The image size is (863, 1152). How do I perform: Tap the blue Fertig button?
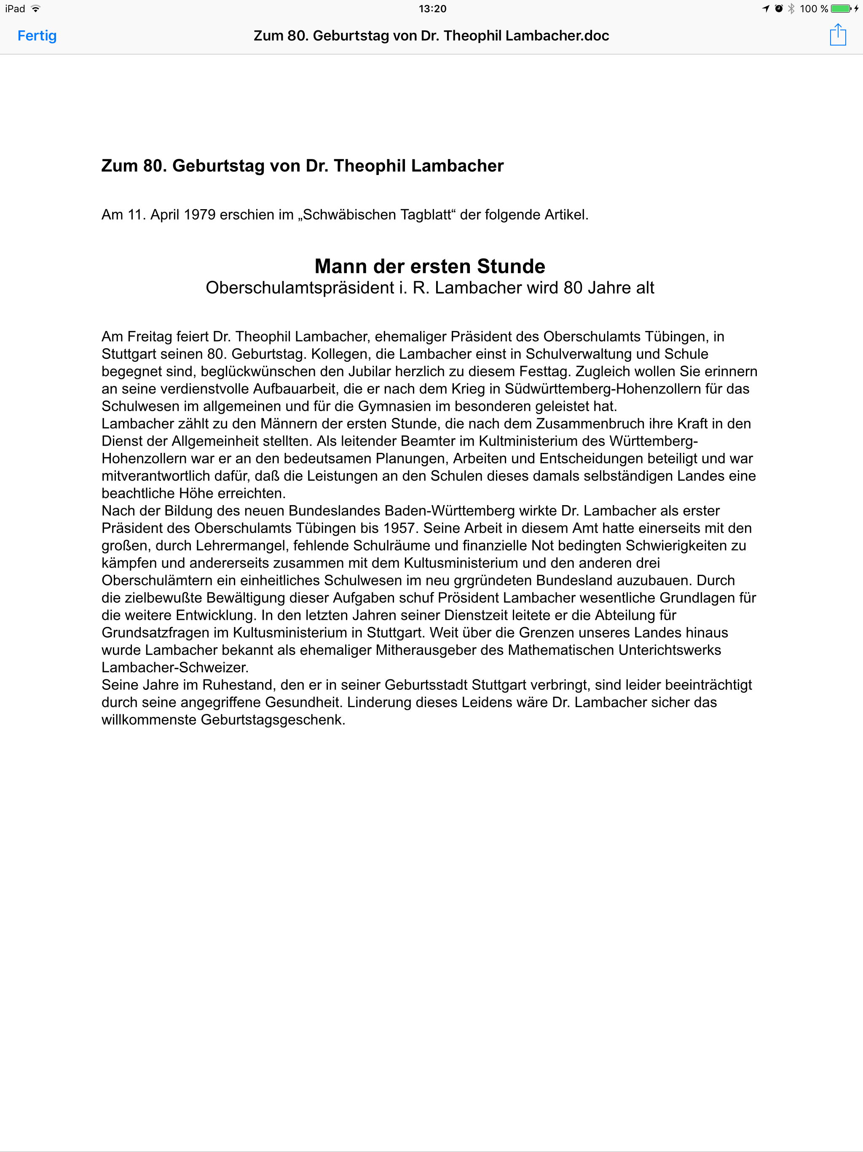point(37,35)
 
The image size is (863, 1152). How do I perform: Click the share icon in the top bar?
point(837,35)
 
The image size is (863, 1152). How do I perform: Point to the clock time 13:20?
point(432,9)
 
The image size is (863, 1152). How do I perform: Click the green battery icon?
point(841,9)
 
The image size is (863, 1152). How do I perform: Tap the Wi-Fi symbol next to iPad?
point(35,9)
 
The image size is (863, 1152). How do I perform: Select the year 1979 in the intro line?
point(199,215)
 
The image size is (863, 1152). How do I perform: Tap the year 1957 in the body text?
point(400,528)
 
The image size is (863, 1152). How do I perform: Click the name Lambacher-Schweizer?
point(175,668)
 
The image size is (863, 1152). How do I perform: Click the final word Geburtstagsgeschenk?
point(273,720)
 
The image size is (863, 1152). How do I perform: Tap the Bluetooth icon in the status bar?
point(791,9)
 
